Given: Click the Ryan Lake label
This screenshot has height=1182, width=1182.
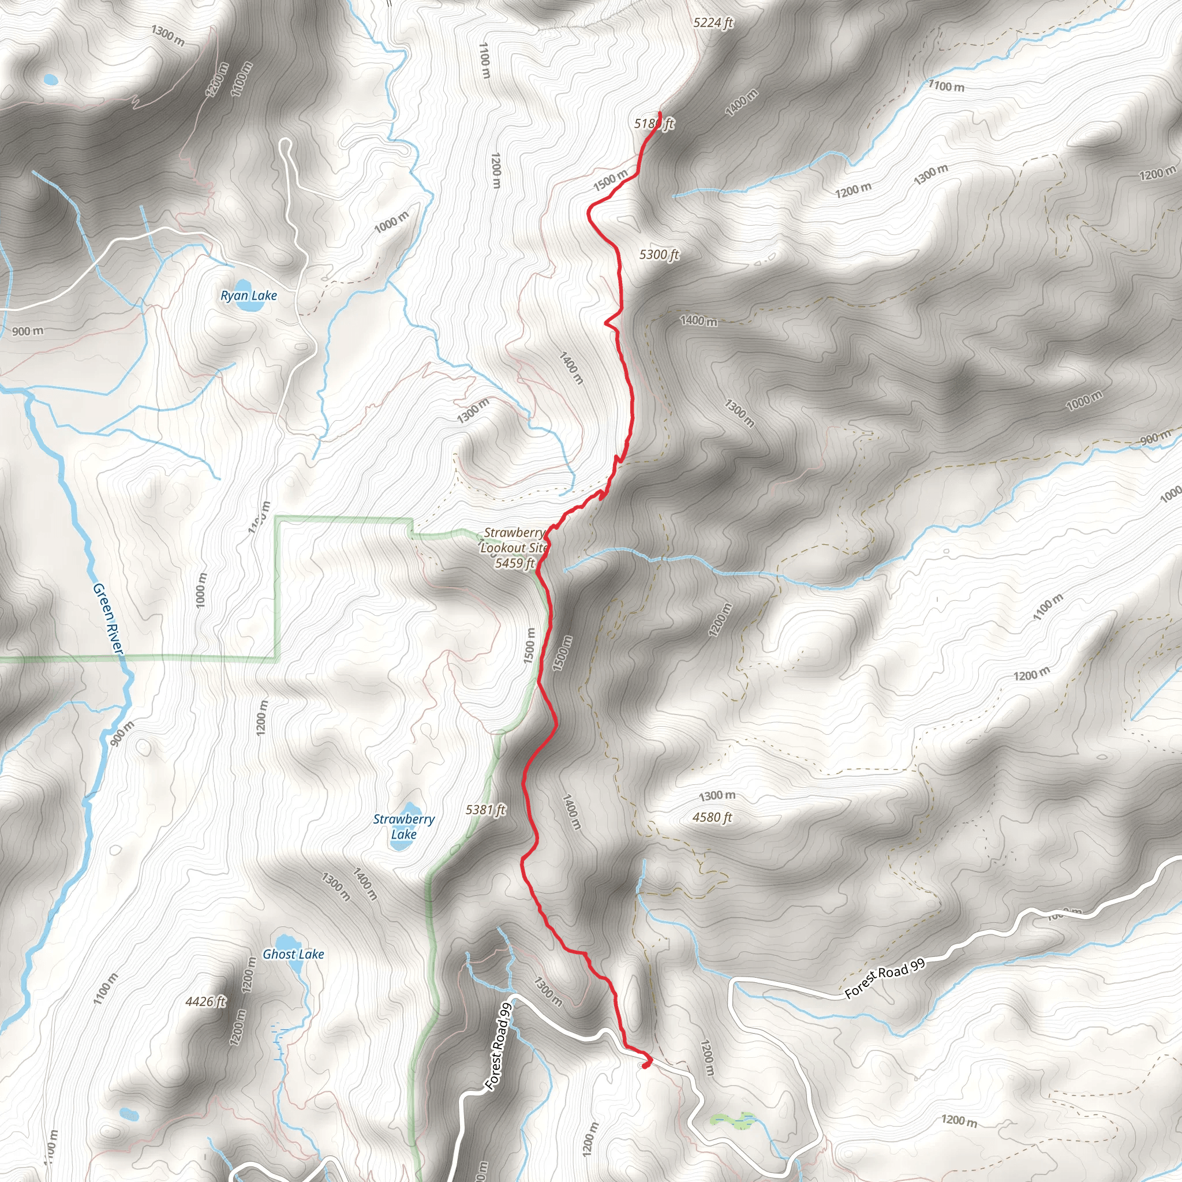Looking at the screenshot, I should point(248,296).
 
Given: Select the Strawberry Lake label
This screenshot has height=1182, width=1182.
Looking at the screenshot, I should point(404,826).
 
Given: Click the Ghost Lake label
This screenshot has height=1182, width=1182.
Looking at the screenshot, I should point(293,954).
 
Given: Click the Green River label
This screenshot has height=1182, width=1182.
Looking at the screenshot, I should point(109,618).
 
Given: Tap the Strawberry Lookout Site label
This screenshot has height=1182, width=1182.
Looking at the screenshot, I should point(513,540).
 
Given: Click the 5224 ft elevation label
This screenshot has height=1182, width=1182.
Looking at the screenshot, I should point(713,23).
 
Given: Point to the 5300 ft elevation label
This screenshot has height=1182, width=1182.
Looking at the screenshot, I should point(659,255).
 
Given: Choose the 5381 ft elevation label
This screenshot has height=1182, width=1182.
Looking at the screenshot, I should point(485,810).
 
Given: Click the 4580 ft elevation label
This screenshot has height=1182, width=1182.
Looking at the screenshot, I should point(712,817).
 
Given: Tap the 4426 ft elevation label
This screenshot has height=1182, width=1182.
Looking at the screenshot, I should point(205,1001).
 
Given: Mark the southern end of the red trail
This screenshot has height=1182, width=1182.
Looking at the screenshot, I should point(643,1067).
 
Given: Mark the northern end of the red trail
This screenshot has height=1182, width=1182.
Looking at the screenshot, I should point(660,113).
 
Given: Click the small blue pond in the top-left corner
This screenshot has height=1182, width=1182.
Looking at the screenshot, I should point(50,80).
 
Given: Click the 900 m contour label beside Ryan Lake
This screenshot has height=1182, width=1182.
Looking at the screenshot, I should point(28,331).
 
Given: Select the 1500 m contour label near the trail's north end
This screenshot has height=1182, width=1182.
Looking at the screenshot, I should point(610,180).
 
